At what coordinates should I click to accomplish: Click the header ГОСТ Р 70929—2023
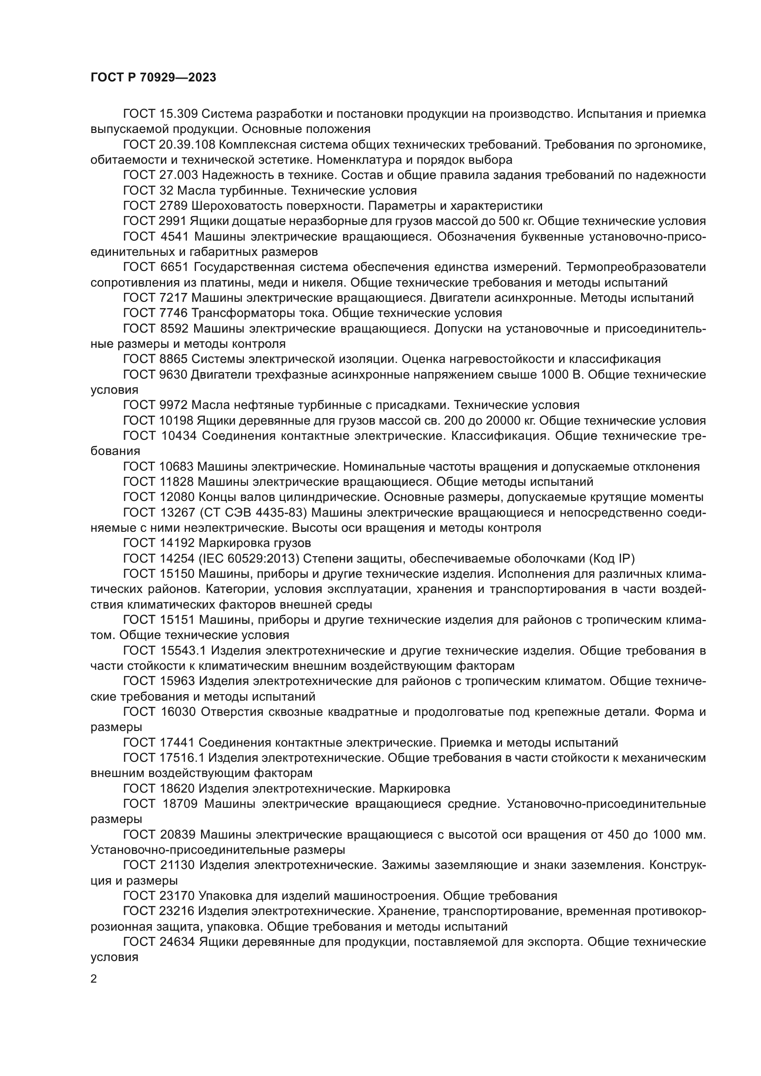coord(153,77)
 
